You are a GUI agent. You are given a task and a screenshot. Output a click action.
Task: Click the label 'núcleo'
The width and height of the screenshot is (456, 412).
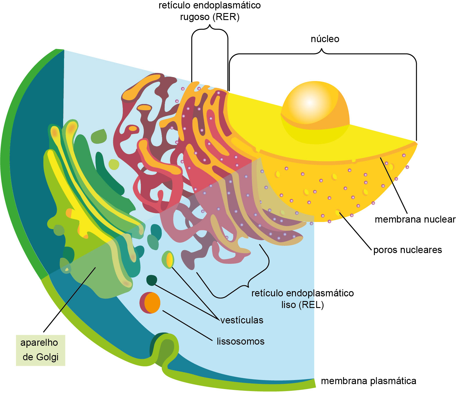tap(325, 39)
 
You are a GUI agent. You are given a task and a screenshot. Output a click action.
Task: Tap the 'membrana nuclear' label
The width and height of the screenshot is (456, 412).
tap(415, 219)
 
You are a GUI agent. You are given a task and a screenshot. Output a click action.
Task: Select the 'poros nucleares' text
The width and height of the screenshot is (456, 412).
tap(407, 250)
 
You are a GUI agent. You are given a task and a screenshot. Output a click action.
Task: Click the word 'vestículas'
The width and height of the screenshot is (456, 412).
tap(242, 320)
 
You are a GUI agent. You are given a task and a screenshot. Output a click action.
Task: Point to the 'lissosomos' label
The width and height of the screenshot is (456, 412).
tap(240, 341)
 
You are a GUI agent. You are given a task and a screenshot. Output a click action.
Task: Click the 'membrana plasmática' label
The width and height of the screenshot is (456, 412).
tap(368, 381)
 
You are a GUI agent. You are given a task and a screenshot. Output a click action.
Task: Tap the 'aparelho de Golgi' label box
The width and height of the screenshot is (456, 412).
tap(40, 350)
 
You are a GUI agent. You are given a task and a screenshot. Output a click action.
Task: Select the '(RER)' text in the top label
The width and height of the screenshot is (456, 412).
tap(226, 17)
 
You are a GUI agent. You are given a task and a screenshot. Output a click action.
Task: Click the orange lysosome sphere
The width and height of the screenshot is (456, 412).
tap(152, 302)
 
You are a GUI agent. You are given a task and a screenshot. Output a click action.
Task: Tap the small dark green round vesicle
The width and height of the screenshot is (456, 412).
tap(151, 280)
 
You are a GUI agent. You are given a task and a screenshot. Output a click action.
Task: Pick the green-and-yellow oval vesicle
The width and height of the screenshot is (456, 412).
tap(168, 259)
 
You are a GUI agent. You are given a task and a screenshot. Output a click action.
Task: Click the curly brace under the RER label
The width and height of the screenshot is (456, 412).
tap(210, 28)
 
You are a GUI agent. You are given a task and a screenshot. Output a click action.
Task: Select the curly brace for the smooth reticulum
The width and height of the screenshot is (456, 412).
tap(247, 283)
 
